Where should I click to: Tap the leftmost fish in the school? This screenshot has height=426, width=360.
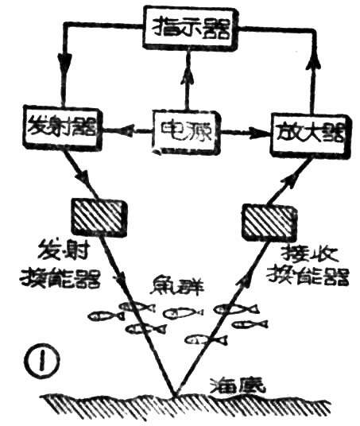pyautogui.click(x=102, y=316)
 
